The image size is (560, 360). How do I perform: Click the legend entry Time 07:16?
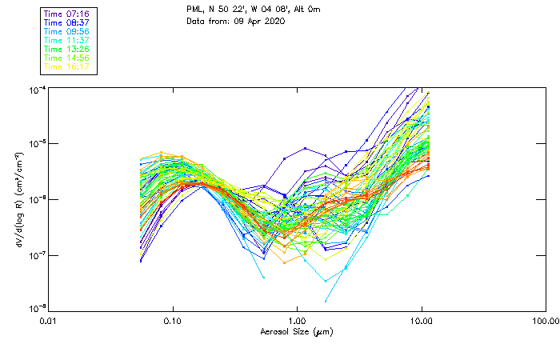click(x=66, y=14)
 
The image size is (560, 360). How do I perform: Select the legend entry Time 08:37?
click(x=66, y=23)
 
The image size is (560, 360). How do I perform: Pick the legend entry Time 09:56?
click(x=66, y=32)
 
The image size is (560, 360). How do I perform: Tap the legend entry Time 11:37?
click(x=66, y=41)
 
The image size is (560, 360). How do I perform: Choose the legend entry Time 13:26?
click(x=66, y=50)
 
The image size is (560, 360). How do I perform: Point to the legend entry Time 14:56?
click(x=66, y=58)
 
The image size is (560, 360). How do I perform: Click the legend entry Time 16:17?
click(x=66, y=67)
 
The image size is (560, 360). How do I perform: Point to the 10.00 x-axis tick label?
click(x=421, y=322)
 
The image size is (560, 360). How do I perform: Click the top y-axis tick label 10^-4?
click(x=37, y=88)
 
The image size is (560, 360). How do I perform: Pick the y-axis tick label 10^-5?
click(x=37, y=143)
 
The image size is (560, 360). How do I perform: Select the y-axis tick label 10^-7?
click(x=37, y=254)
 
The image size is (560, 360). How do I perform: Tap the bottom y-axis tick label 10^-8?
click(x=37, y=309)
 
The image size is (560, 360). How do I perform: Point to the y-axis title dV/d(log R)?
click(x=18, y=198)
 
